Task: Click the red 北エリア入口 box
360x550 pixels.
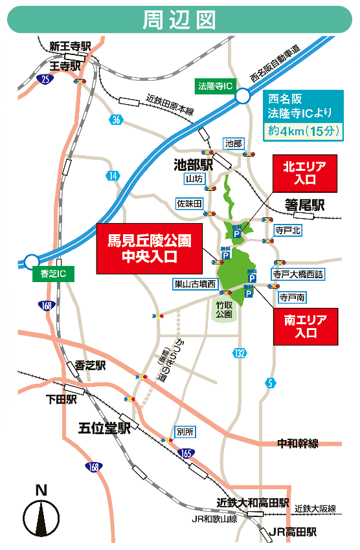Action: pos(304,173)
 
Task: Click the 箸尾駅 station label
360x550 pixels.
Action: pos(304,206)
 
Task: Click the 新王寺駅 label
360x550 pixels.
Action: pos(71,46)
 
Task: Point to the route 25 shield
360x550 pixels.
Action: pos(44,80)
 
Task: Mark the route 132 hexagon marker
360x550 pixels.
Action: pos(240,352)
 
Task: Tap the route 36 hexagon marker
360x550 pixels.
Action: pos(116,119)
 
